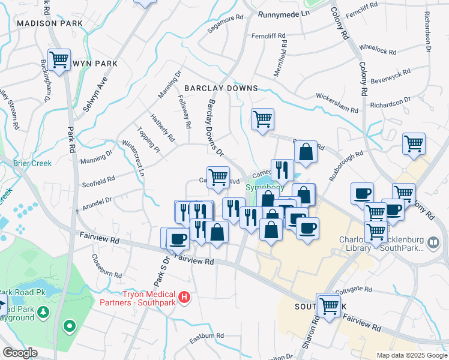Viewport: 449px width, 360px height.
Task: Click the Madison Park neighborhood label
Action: [x=50, y=23]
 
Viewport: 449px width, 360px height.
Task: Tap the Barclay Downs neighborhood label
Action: [x=221, y=88]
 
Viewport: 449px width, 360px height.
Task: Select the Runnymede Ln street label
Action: [x=283, y=13]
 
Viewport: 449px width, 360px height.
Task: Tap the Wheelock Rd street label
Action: [x=377, y=49]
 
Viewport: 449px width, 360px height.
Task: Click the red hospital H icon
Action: [x=185, y=296]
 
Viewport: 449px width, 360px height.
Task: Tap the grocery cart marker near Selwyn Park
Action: [x=59, y=60]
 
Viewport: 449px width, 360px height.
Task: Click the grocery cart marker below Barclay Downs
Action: [x=262, y=119]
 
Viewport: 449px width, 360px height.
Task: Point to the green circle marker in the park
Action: [x=70, y=326]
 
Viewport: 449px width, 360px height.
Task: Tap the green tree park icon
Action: [x=44, y=312]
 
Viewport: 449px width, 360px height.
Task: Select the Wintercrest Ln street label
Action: [x=133, y=158]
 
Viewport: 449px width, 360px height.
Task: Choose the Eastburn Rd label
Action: [x=206, y=335]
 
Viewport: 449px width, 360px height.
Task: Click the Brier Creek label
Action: [x=33, y=163]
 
